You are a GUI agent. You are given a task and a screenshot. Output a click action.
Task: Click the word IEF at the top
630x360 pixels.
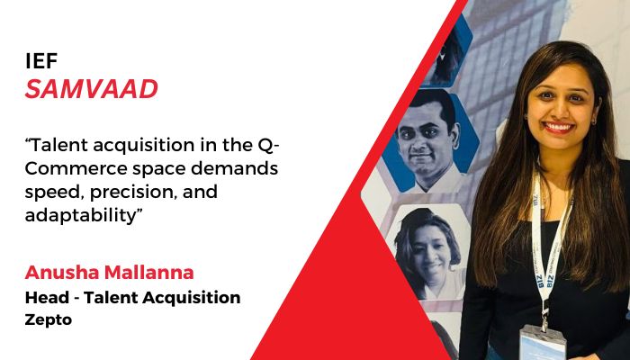click(41, 60)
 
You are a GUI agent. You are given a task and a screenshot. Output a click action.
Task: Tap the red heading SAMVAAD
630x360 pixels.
click(91, 89)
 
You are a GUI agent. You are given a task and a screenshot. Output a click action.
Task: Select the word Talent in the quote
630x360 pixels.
click(58, 145)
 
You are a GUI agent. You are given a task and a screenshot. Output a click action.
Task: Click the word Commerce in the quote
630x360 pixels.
click(76, 168)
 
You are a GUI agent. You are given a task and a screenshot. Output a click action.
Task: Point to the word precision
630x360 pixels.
click(133, 193)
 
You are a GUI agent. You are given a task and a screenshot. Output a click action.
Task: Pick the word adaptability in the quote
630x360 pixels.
click(81, 216)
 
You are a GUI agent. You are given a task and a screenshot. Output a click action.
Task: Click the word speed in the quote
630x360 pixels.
click(55, 193)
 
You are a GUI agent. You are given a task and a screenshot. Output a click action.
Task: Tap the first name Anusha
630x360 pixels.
click(62, 273)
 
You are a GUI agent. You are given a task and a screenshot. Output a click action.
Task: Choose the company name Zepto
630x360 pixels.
click(49, 320)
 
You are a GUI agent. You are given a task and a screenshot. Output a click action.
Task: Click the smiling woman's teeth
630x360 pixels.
click(559, 128)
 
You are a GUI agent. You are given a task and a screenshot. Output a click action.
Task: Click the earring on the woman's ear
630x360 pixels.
click(594, 120)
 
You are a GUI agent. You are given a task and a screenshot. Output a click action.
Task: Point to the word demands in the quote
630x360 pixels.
click(234, 168)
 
